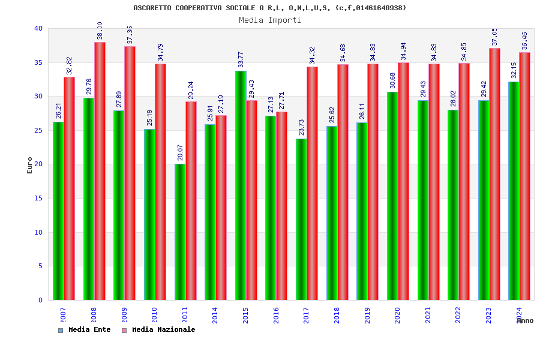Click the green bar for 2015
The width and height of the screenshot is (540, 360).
point(241,185)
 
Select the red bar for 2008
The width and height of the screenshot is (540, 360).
point(100,171)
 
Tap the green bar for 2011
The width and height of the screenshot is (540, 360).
point(180,232)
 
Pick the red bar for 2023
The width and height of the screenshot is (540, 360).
point(494,174)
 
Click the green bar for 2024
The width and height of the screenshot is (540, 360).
point(514,191)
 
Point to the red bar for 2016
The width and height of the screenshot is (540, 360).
point(282,206)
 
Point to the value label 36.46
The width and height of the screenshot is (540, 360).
point(525,41)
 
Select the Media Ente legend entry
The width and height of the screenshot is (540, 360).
point(85,329)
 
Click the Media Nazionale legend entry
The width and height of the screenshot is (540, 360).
point(159,329)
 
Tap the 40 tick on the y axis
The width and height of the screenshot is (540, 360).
point(38,28)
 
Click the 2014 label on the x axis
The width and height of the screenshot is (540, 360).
point(215,316)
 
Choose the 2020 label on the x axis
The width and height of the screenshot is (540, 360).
point(397,316)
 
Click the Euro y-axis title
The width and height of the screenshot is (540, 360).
point(30,165)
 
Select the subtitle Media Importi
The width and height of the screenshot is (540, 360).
point(270,20)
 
